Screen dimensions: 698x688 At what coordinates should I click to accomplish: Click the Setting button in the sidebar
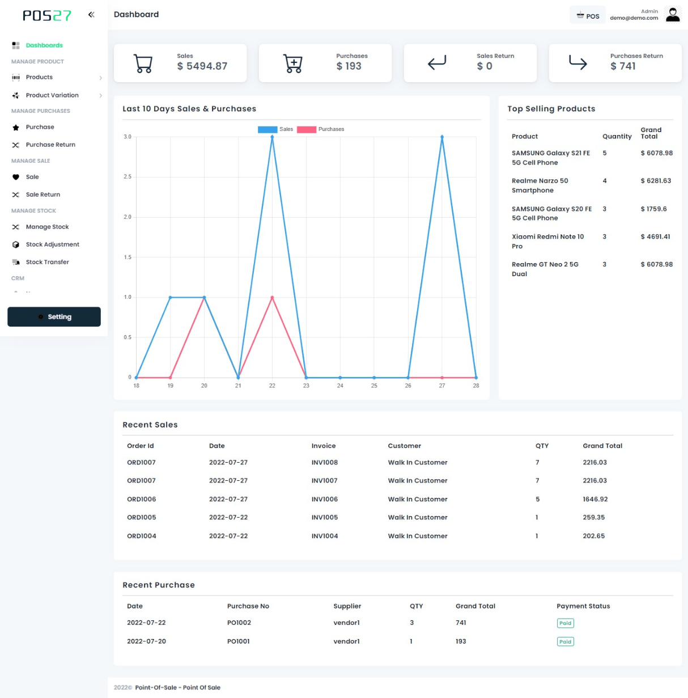pos(54,317)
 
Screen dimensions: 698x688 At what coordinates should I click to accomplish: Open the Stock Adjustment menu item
pos(52,244)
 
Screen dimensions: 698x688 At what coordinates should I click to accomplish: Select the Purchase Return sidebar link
pos(50,145)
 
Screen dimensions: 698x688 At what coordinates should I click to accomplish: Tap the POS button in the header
pos(588,16)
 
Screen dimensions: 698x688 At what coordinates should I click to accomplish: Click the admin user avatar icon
pos(673,15)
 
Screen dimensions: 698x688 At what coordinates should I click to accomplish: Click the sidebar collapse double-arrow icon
pos(91,15)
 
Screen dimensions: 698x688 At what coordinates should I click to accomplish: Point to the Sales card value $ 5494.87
pos(202,66)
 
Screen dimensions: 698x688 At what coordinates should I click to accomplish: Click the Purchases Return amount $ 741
pos(623,66)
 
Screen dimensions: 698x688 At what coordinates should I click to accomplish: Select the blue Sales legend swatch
pos(267,129)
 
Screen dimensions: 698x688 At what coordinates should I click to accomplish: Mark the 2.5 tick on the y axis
pos(128,177)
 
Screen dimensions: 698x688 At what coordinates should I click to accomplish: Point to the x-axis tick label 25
pos(374,386)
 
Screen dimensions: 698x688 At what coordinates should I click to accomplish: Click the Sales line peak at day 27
pos(442,137)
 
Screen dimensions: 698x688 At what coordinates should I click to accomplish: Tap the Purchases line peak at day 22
pos(272,298)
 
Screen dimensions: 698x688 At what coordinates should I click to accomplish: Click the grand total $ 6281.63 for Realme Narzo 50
pos(656,181)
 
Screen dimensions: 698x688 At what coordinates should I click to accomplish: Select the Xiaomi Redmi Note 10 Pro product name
pos(547,241)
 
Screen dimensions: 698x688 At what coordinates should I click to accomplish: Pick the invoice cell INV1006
pos(324,499)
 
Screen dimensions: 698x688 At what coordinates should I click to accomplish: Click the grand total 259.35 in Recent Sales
pos(593,517)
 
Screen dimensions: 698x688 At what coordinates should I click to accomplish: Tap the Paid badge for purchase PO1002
pos(565,623)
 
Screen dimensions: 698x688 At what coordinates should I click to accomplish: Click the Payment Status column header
pos(583,606)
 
